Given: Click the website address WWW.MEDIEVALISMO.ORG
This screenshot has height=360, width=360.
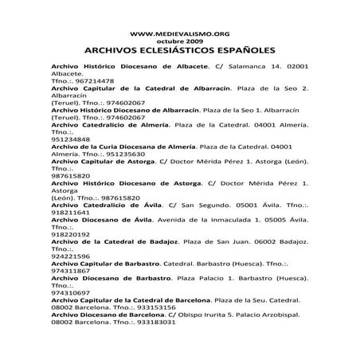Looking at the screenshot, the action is pyautogui.click(x=180, y=33).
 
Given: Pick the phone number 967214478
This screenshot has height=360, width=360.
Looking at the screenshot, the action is pyautogui.click(x=95, y=81).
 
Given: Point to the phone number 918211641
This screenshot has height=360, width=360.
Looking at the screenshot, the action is pyautogui.click(x=70, y=213).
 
